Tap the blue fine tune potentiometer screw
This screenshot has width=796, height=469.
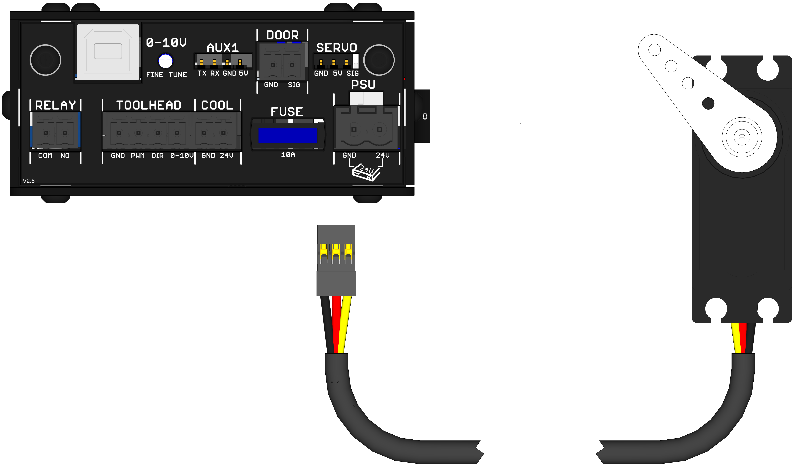pos(165,61)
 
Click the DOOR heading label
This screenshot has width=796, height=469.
pos(282,35)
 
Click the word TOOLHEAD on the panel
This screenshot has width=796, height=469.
pos(149,105)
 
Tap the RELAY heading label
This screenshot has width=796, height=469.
pos(55,105)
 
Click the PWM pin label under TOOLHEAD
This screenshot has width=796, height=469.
pos(137,155)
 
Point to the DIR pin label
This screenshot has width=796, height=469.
pos(157,155)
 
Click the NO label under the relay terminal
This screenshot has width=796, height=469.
pos(65,155)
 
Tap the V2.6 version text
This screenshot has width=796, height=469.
pos(28,181)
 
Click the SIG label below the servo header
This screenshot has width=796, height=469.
pos(352,73)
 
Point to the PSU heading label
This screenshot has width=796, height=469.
pos(363,85)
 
